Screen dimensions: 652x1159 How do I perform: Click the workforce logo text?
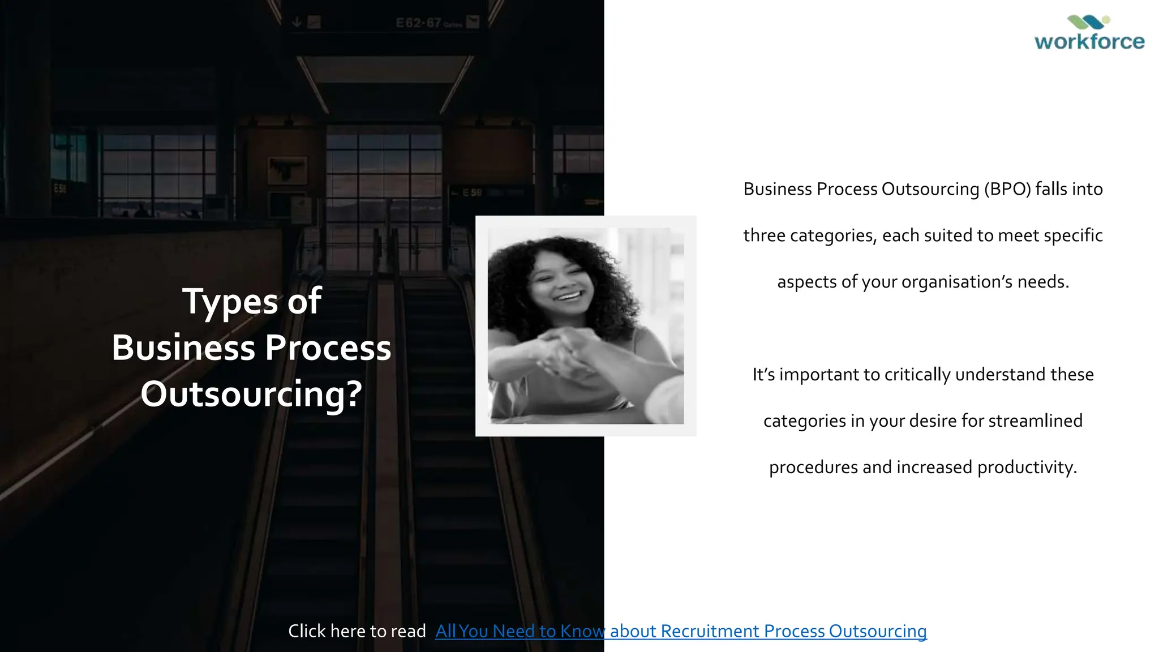(x=1089, y=41)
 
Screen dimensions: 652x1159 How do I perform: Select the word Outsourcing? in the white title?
(x=251, y=394)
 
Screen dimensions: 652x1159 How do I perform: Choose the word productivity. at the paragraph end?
(x=1027, y=467)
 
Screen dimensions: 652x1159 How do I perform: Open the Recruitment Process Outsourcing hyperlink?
(x=681, y=631)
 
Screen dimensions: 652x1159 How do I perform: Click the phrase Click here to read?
(x=357, y=631)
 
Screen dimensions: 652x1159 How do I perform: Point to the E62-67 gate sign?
(x=419, y=23)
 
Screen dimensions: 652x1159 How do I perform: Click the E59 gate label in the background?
(x=472, y=193)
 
